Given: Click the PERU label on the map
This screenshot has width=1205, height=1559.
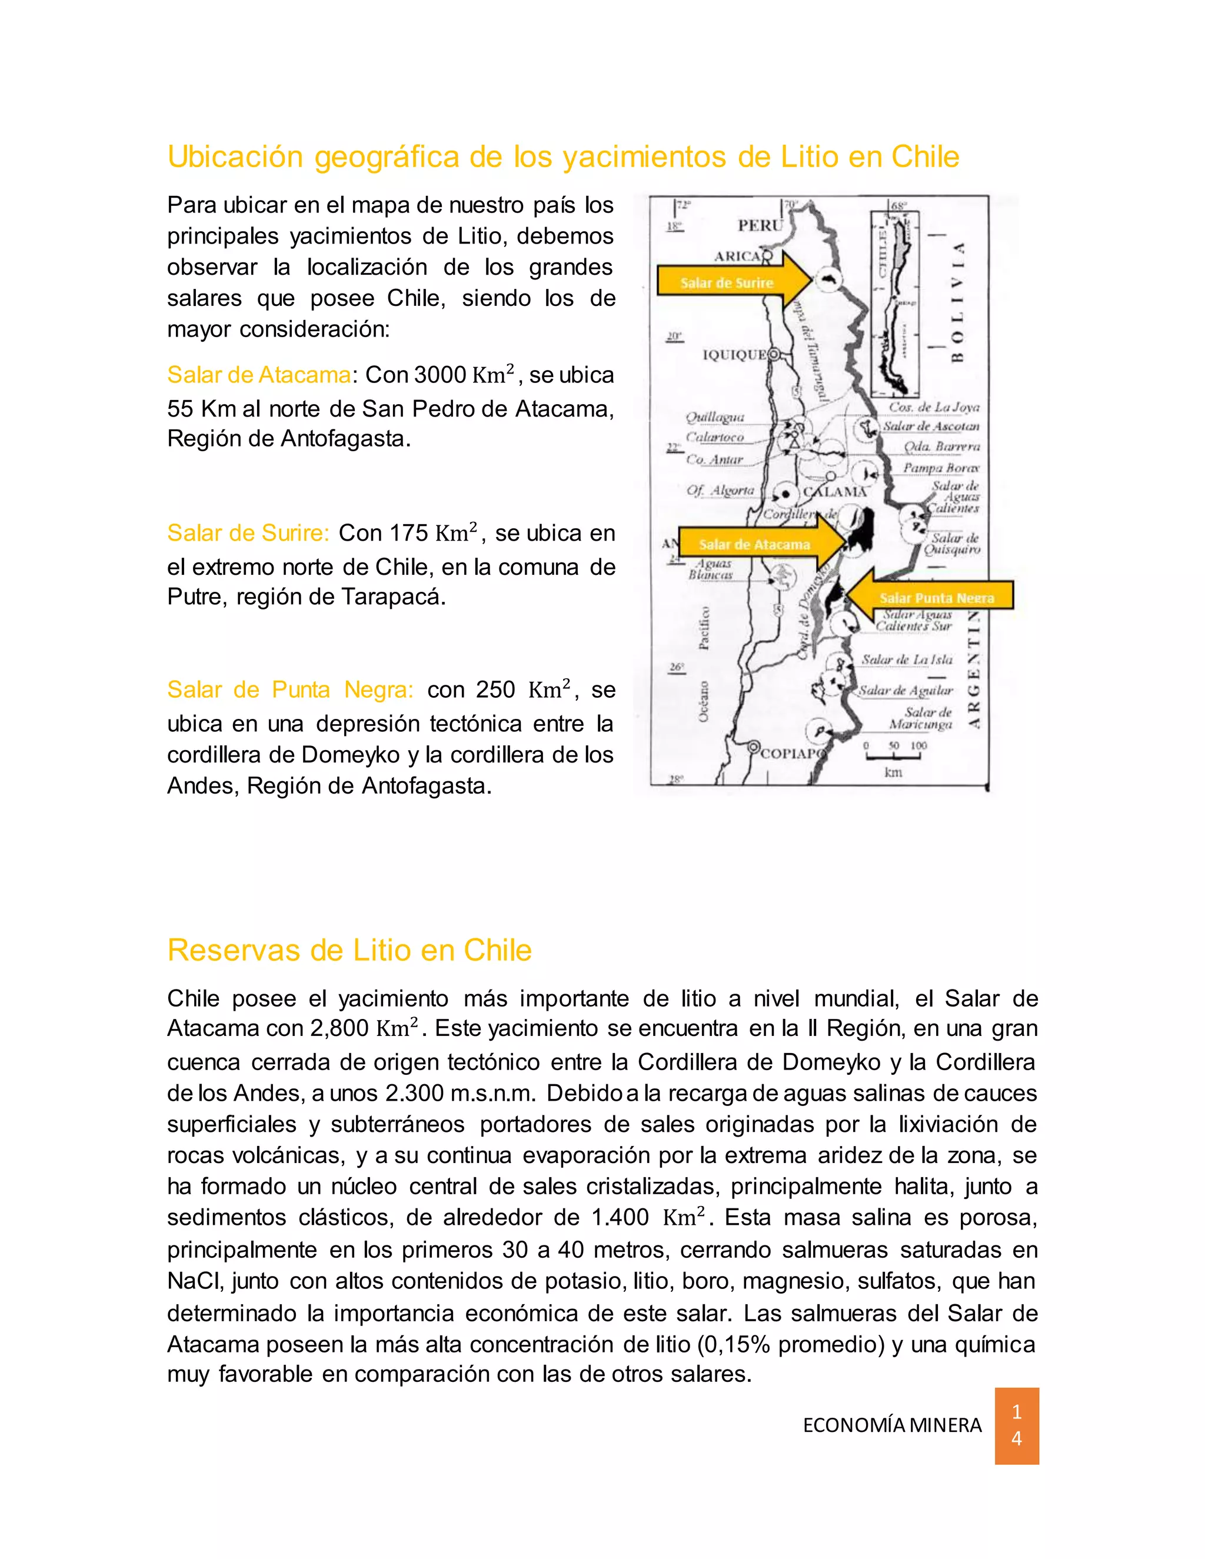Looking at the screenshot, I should tap(760, 225).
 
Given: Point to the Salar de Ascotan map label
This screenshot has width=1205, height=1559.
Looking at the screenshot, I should tap(931, 426).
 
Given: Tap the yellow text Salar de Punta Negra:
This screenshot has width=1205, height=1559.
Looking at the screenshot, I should tap(290, 689).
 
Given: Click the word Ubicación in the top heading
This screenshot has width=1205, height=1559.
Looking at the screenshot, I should tap(235, 157).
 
